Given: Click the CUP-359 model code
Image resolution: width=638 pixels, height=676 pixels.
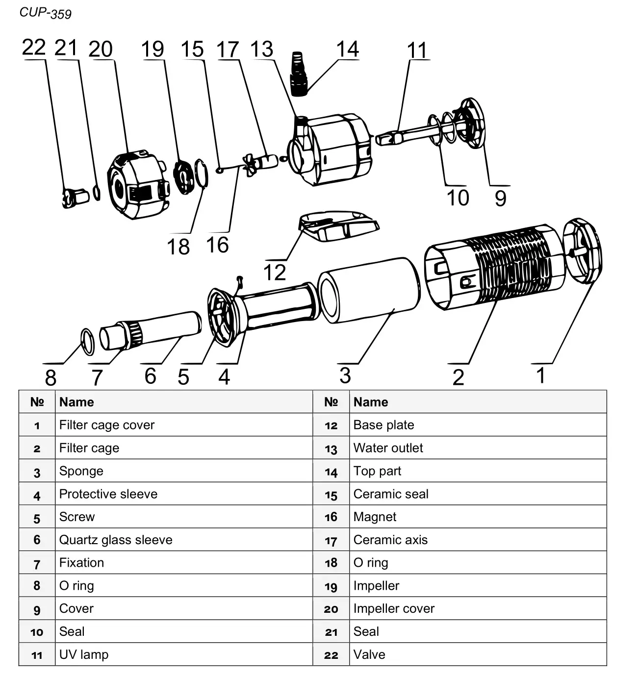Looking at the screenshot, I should click(x=45, y=13).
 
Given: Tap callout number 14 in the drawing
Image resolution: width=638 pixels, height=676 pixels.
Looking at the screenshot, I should click(x=347, y=50).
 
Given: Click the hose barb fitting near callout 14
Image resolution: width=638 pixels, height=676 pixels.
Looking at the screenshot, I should click(x=299, y=74).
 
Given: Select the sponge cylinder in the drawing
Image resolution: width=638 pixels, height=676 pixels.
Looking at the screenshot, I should click(x=369, y=290).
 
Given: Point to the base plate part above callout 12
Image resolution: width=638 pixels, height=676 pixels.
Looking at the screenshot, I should click(x=338, y=225).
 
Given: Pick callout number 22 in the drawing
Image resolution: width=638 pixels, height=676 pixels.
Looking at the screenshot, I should click(x=33, y=48).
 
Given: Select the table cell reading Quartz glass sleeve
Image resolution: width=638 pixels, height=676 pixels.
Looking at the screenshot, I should click(x=116, y=540).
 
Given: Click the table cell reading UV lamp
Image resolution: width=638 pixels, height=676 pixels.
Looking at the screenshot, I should click(x=84, y=654).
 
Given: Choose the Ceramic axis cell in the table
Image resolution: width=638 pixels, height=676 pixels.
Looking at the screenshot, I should click(x=390, y=540).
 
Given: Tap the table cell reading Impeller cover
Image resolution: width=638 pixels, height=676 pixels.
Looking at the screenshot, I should click(x=394, y=608).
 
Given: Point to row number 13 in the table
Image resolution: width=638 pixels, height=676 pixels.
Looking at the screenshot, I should click(x=331, y=449).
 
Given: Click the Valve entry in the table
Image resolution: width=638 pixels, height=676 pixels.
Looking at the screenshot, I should click(x=369, y=654).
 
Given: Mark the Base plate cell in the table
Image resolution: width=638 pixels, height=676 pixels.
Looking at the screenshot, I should click(x=383, y=425).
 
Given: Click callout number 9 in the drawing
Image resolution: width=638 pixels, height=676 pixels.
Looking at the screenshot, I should click(x=500, y=198).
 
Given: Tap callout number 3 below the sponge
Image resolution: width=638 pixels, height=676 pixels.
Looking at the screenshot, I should click(x=345, y=376).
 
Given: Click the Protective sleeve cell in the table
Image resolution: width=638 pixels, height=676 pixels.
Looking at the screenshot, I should click(x=108, y=494).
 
